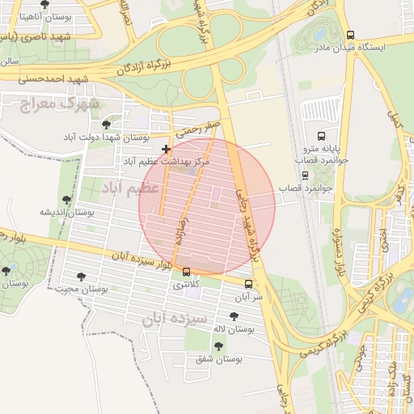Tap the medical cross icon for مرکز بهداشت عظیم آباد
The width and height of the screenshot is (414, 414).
coord(166,150)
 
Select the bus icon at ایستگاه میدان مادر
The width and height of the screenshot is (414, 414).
coord(350,35)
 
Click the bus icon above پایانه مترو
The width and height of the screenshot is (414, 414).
coord(321,136)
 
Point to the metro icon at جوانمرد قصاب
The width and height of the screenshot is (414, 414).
coord(305,175)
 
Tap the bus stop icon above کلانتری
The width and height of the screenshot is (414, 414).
coord(188,272)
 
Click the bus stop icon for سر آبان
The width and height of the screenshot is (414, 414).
coord(248,284)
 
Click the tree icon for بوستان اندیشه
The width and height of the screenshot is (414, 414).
coord(66,199)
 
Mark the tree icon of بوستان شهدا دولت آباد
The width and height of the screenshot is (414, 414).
coord(107,124)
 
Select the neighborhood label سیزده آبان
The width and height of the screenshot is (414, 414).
coord(174,319)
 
